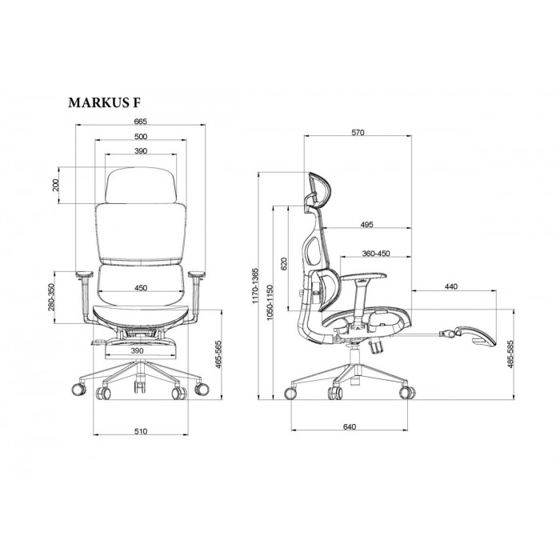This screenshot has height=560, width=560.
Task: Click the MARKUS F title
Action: click(x=104, y=102)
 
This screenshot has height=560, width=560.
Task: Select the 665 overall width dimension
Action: click(x=140, y=122)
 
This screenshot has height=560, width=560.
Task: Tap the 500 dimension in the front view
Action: click(x=141, y=137)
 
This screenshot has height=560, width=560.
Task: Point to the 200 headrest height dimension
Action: click(x=55, y=186)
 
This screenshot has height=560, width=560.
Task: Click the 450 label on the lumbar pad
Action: click(x=141, y=288)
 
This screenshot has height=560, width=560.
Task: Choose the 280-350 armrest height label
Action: click(x=51, y=297)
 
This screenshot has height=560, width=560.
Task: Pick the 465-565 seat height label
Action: click(x=218, y=354)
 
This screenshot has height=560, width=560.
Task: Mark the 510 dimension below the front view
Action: click(x=141, y=431)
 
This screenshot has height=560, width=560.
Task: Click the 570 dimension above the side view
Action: click(x=358, y=133)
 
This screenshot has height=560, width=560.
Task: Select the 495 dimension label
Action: click(x=366, y=224)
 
